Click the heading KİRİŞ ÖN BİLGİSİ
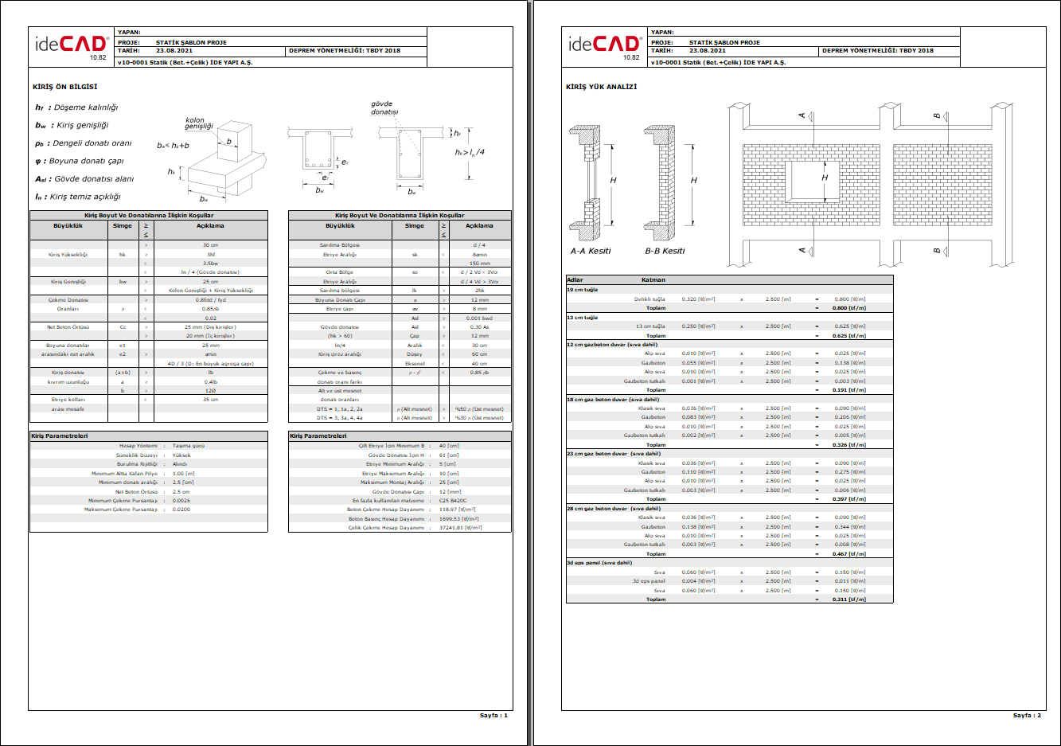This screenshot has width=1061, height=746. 65,87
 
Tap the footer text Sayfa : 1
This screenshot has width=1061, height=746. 493,715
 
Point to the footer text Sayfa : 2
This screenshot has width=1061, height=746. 1027,715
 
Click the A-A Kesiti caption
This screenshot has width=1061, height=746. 591,251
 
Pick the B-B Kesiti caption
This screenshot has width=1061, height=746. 665,251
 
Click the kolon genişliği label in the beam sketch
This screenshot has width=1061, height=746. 199,123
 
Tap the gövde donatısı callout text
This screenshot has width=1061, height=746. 384,107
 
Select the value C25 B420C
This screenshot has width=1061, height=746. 453,501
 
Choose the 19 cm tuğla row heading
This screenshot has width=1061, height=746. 582,290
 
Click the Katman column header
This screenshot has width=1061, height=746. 653,279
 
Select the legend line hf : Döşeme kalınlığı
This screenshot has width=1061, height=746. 76,107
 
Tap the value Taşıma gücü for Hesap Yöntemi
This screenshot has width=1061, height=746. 189,446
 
